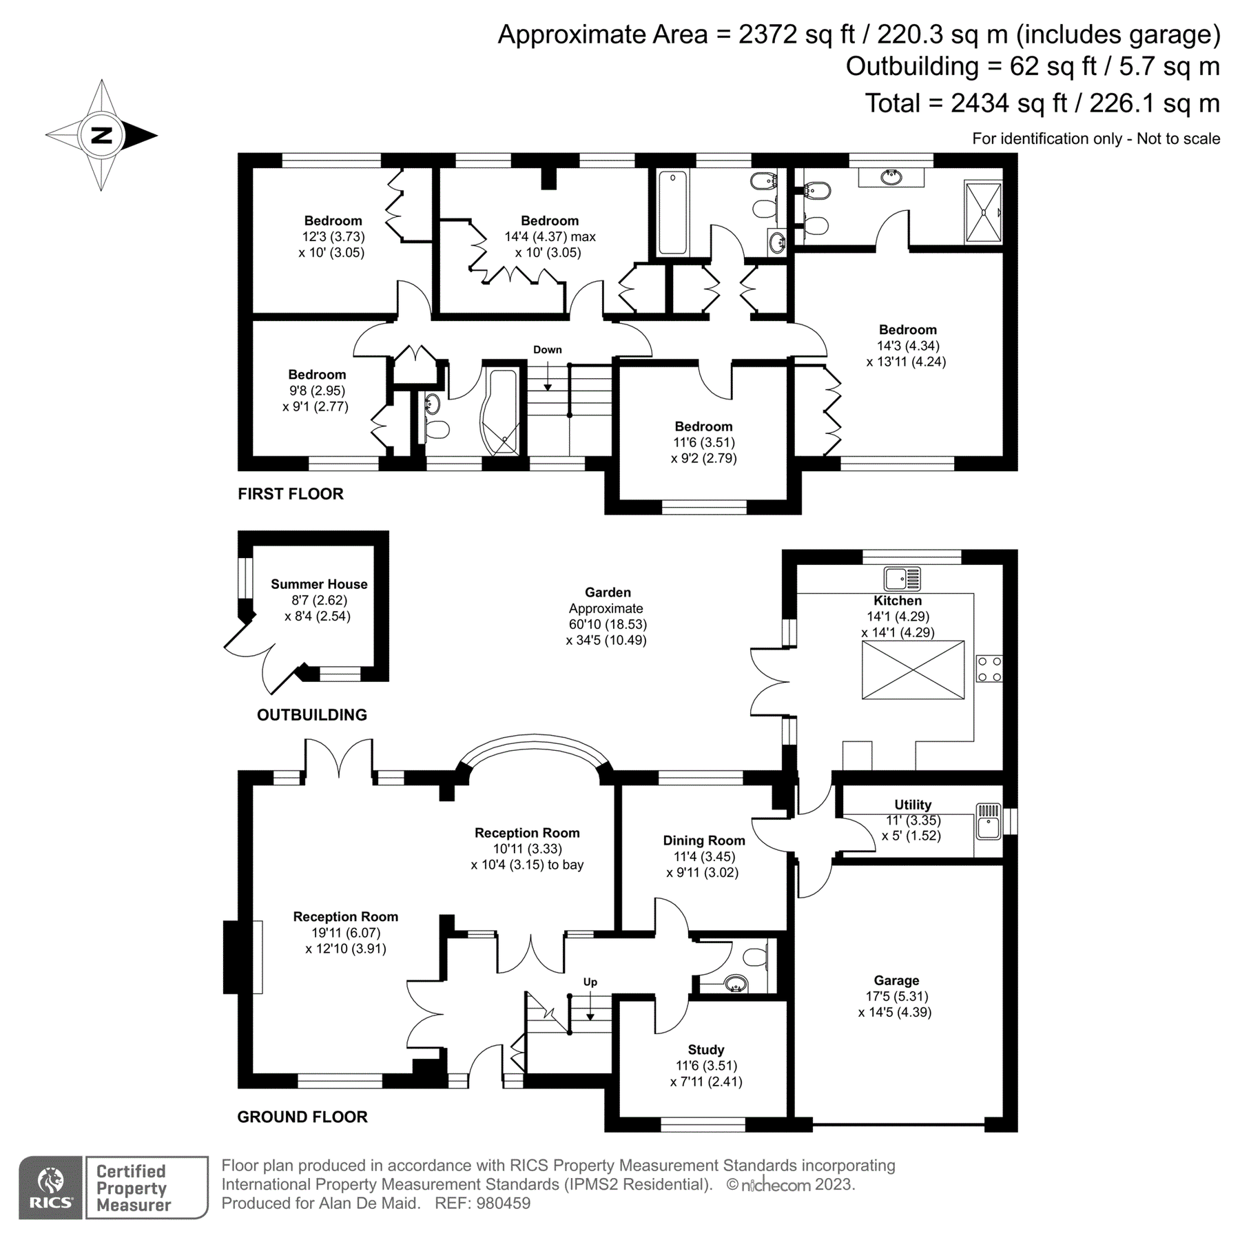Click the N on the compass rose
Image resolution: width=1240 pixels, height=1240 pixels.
click(101, 135)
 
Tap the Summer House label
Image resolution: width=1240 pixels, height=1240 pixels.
click(318, 584)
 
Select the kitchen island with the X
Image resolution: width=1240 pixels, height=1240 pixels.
click(913, 670)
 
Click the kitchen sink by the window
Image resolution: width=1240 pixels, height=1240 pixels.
click(902, 579)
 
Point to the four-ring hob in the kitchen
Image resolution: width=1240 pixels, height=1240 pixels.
click(989, 669)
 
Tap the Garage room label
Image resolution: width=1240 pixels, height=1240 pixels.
click(896, 980)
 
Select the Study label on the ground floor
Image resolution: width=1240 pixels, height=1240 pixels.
click(705, 1050)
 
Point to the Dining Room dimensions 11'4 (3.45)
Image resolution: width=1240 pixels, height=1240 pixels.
click(704, 857)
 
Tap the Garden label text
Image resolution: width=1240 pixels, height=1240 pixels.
click(608, 592)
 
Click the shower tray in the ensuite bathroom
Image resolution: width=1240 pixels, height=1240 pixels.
click(983, 211)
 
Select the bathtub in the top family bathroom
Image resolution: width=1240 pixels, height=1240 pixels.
click(673, 213)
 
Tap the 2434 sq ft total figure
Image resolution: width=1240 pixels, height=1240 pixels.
click(1005, 103)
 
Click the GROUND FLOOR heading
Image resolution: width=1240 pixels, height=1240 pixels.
click(302, 1117)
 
